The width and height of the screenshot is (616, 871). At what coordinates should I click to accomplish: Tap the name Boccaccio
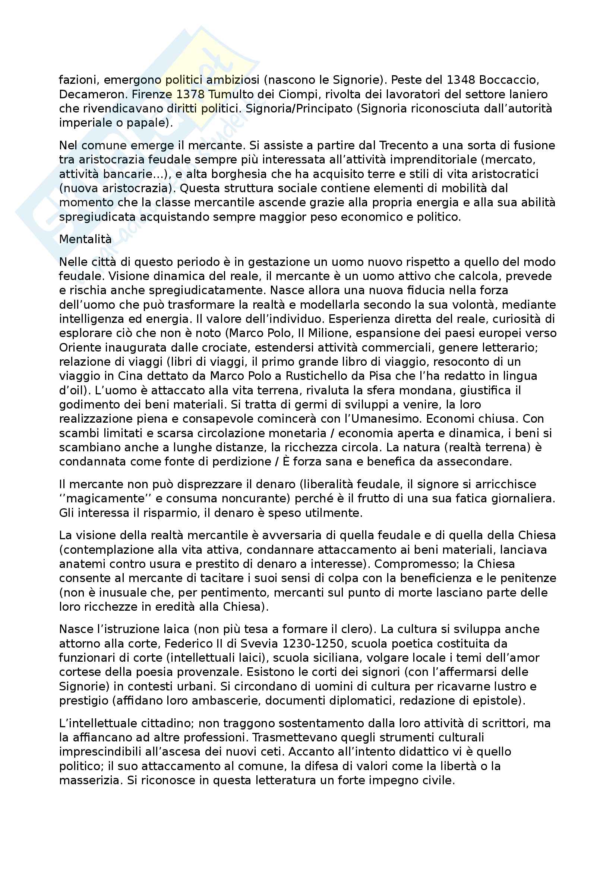(509, 80)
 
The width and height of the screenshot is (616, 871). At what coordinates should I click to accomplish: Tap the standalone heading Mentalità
(85, 239)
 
